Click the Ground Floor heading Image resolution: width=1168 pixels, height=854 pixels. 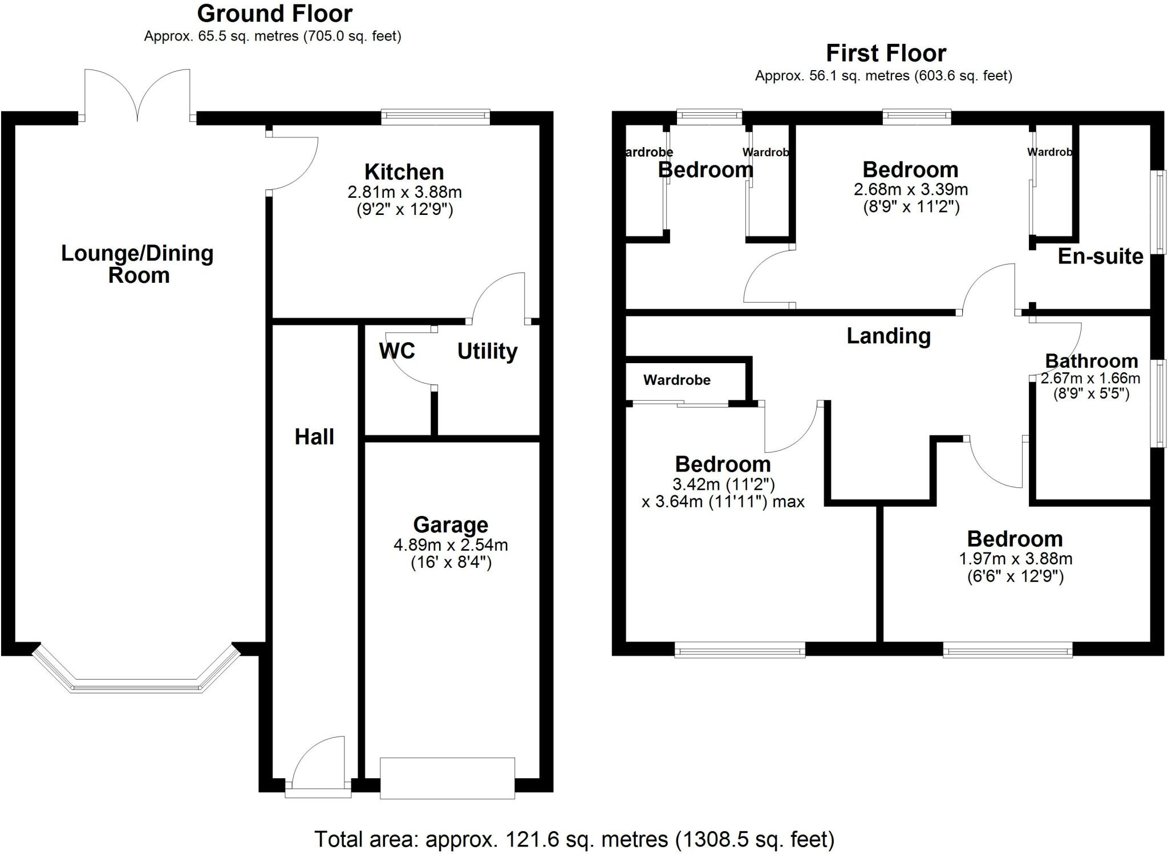coord(275,13)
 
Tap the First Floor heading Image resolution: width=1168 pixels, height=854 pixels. coord(886,53)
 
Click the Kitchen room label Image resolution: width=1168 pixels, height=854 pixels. coord(404,172)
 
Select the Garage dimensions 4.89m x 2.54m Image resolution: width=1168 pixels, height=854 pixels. coord(451,545)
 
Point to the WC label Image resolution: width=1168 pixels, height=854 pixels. coord(396,351)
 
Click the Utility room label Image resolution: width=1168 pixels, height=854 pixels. coord(487,351)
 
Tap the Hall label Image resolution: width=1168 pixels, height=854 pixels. coord(314,437)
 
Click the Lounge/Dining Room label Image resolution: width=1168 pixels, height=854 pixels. coord(137,264)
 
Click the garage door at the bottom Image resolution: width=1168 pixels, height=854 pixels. coord(447,778)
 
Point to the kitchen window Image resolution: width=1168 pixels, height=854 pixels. coord(435,117)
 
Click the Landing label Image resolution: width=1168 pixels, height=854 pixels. coord(888,336)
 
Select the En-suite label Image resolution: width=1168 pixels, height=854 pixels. coord(1100,257)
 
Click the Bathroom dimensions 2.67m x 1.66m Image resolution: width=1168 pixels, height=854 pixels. coord(1090,379)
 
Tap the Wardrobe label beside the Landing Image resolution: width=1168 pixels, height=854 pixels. coord(677,380)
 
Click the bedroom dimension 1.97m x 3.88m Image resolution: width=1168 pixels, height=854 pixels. coord(1015,559)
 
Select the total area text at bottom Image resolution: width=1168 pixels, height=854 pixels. coord(574,839)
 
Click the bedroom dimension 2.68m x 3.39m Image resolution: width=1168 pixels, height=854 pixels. coord(910,189)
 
